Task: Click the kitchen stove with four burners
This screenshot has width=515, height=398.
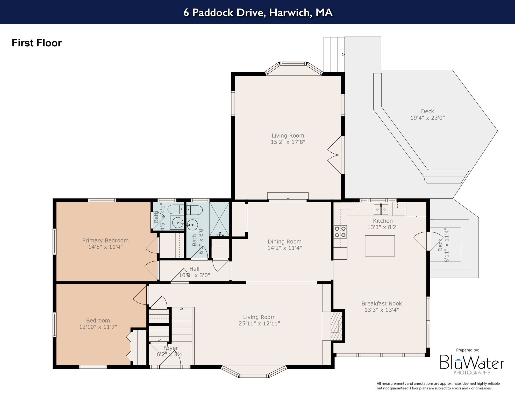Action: (340, 232)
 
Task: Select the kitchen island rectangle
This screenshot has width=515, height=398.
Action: (380, 246)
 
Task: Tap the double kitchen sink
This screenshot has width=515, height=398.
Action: (381, 209)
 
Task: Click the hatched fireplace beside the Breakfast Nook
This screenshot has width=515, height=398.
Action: (337, 326)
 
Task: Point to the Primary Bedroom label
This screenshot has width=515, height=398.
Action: (105, 240)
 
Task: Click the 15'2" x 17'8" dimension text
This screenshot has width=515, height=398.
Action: (288, 142)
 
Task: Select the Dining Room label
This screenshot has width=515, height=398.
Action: (284, 241)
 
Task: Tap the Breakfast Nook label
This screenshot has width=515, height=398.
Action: (382, 303)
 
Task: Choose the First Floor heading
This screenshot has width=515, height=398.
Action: (37, 43)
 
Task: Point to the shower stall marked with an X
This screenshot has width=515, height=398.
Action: (219, 219)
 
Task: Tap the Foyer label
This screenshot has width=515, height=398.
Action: (170, 348)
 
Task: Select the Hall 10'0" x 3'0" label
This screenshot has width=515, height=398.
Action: (194, 272)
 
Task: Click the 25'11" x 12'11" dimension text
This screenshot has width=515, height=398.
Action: (259, 323)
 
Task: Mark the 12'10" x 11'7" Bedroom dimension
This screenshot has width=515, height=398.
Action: (98, 327)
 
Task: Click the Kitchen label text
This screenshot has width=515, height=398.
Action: (383, 221)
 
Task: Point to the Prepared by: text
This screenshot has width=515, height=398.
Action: (467, 350)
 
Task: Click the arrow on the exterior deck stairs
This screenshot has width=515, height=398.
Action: (343, 55)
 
